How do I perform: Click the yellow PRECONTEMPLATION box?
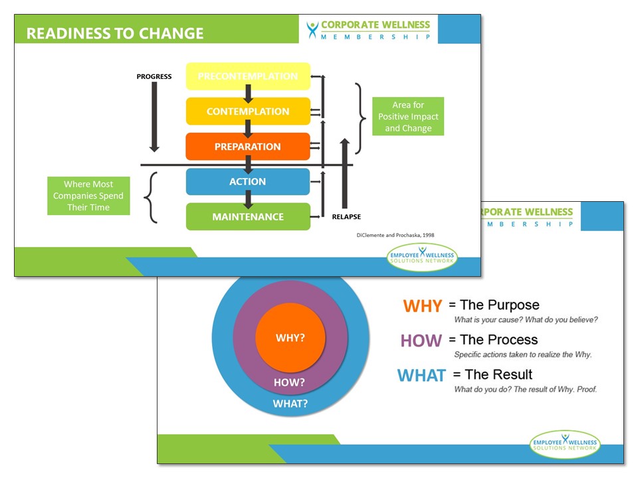click(x=248, y=76)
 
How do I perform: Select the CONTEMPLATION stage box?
click(x=248, y=111)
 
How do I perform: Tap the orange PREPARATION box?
click(x=248, y=146)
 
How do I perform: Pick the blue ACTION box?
click(x=248, y=181)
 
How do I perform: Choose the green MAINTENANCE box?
click(x=248, y=216)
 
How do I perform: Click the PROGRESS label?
click(x=154, y=76)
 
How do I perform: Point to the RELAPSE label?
click(x=346, y=216)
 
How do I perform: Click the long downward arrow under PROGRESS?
click(x=154, y=117)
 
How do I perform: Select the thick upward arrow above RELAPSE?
click(x=344, y=173)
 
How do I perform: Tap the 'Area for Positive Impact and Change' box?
click(x=407, y=116)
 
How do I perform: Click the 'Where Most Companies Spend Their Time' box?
click(x=88, y=196)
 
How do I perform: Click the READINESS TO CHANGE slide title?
click(x=115, y=33)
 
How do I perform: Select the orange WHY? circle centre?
click(x=290, y=337)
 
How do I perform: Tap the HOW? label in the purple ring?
click(x=290, y=382)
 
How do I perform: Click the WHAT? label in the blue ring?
click(x=290, y=403)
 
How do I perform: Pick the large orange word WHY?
click(x=423, y=306)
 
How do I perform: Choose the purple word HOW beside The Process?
click(x=421, y=341)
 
